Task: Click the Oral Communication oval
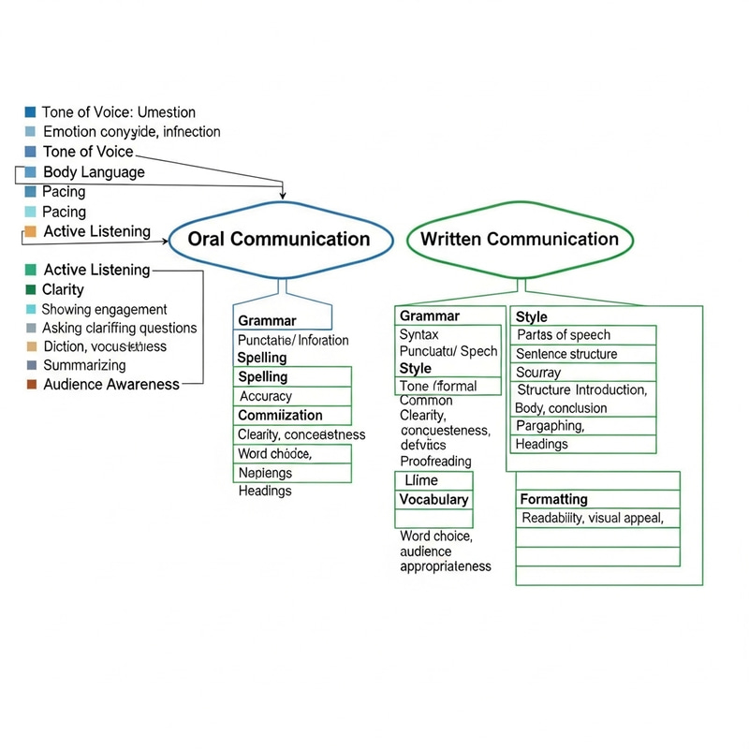pos(279,239)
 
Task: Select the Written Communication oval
pos(520,239)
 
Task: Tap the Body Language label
pos(94,172)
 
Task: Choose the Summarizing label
pos(84,365)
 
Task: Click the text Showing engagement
pos(105,309)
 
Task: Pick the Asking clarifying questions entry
pos(120,328)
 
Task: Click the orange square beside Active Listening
pos(31,231)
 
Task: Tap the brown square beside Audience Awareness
pos(31,384)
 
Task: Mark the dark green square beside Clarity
pos(31,289)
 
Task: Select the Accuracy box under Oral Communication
pos(293,396)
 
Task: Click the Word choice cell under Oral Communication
pos(293,454)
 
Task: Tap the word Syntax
pos(419,334)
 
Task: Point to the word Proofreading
pos(435,461)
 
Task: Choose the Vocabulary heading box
pos(433,500)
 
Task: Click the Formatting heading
pos(553,500)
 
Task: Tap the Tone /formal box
pos(438,386)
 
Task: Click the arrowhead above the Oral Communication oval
pos(283,195)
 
